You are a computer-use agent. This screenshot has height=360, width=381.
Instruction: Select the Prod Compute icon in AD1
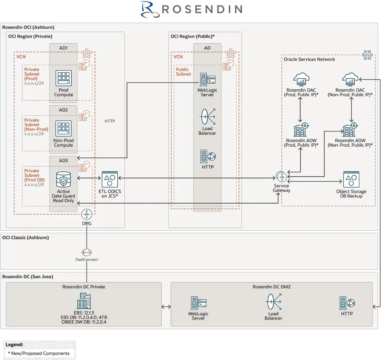pyautogui.click(x=63, y=78)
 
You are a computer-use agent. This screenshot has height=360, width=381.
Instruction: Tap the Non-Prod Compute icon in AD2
pyautogui.click(x=63, y=129)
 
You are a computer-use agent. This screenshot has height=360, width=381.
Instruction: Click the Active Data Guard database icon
pyautogui.click(x=63, y=179)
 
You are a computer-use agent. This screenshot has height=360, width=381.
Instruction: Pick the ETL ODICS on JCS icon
pyautogui.click(x=110, y=179)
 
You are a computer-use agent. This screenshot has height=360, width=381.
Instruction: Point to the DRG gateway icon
pyautogui.click(x=87, y=214)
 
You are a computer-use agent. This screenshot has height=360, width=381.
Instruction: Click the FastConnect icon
pyautogui.click(x=87, y=252)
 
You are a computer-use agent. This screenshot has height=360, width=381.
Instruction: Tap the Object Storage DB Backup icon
pyautogui.click(x=351, y=179)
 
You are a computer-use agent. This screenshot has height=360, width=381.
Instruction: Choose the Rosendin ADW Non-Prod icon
pyautogui.click(x=350, y=129)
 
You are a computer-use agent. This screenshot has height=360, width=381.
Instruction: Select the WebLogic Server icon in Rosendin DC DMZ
pyautogui.click(x=198, y=303)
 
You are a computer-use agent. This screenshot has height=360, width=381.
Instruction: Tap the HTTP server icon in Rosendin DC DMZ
pyautogui.click(x=347, y=303)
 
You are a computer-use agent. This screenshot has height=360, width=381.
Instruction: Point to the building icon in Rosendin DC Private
pyautogui.click(x=84, y=301)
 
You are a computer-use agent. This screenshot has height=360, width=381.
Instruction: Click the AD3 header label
pyautogui.click(x=63, y=160)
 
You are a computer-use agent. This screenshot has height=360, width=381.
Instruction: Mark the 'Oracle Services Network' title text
pyautogui.click(x=309, y=59)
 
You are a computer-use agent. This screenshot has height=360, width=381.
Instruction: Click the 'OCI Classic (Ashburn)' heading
pyautogui.click(x=25, y=237)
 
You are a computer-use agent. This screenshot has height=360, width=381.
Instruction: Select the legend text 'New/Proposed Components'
pyautogui.click(x=41, y=353)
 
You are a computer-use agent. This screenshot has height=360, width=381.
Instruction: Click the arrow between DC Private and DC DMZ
pyautogui.click(x=166, y=307)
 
